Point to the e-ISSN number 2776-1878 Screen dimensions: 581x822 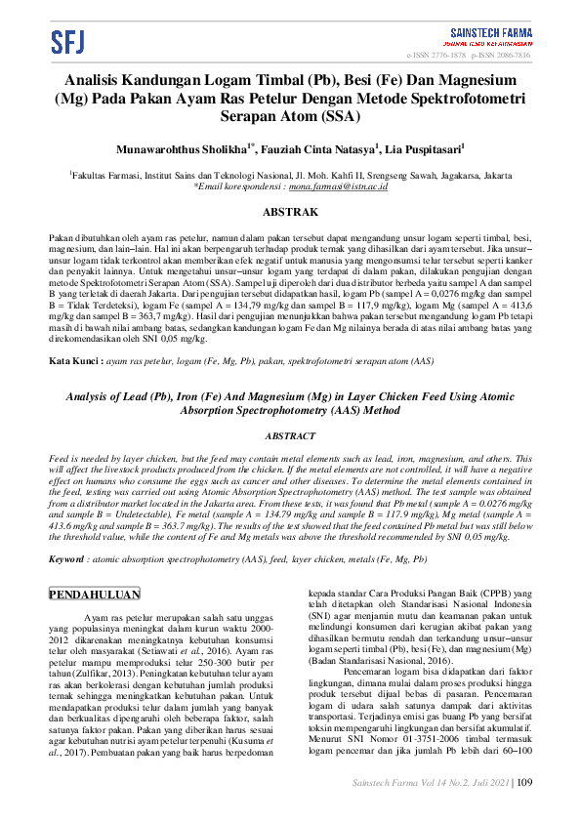(x=451, y=56)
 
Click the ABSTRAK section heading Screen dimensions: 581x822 (x=291, y=212)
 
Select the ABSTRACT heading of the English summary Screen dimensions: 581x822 (x=291, y=436)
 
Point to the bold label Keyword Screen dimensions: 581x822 (x=66, y=560)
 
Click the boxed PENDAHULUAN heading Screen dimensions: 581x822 (x=95, y=594)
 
